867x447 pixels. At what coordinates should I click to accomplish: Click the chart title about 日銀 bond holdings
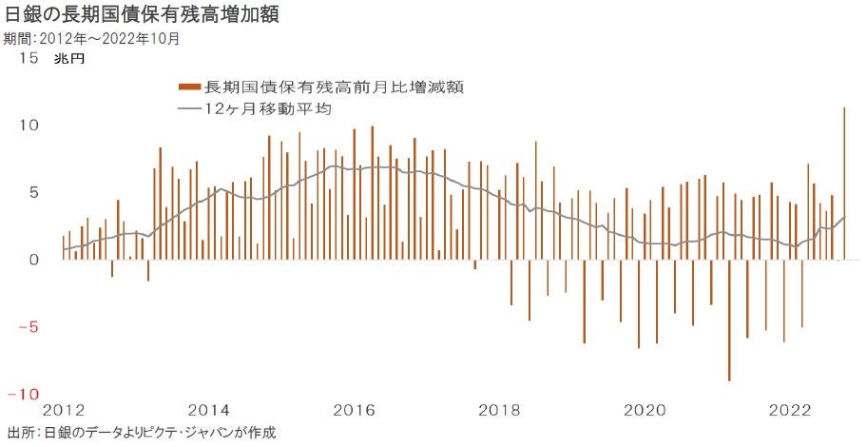pyautogui.click(x=143, y=16)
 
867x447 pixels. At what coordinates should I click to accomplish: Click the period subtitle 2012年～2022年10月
pyautogui.click(x=91, y=40)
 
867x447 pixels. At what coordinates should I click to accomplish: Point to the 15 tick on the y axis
pyautogui.click(x=28, y=59)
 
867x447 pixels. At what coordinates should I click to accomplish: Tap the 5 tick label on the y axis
pyautogui.click(x=32, y=192)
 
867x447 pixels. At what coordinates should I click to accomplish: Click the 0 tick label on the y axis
pyautogui.click(x=32, y=259)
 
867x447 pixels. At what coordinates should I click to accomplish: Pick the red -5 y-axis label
pyautogui.click(x=28, y=326)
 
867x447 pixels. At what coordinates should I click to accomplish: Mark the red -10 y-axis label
pyautogui.click(x=23, y=394)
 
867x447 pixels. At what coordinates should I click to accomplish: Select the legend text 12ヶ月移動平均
pyautogui.click(x=267, y=110)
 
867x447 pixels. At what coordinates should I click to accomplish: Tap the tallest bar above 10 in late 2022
pyautogui.click(x=844, y=181)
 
